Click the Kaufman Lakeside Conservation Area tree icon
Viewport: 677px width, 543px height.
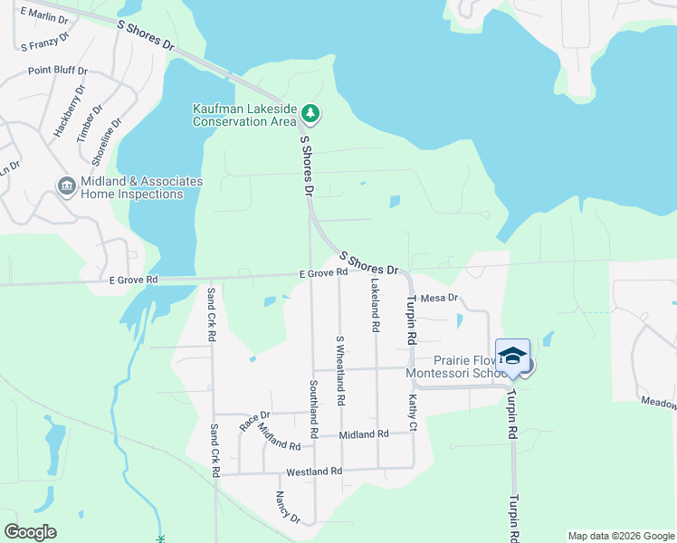click(311, 113)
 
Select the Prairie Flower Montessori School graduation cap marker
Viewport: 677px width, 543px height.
click(512, 356)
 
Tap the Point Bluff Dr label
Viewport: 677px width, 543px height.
click(57, 70)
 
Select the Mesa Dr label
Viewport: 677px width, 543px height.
click(441, 298)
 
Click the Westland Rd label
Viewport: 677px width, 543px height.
click(313, 472)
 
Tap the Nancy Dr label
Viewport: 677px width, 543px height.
click(288, 507)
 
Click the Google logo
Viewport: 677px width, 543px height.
click(30, 532)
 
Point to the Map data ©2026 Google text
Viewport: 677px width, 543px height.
click(622, 536)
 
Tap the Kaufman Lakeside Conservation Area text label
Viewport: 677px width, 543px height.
click(244, 115)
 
